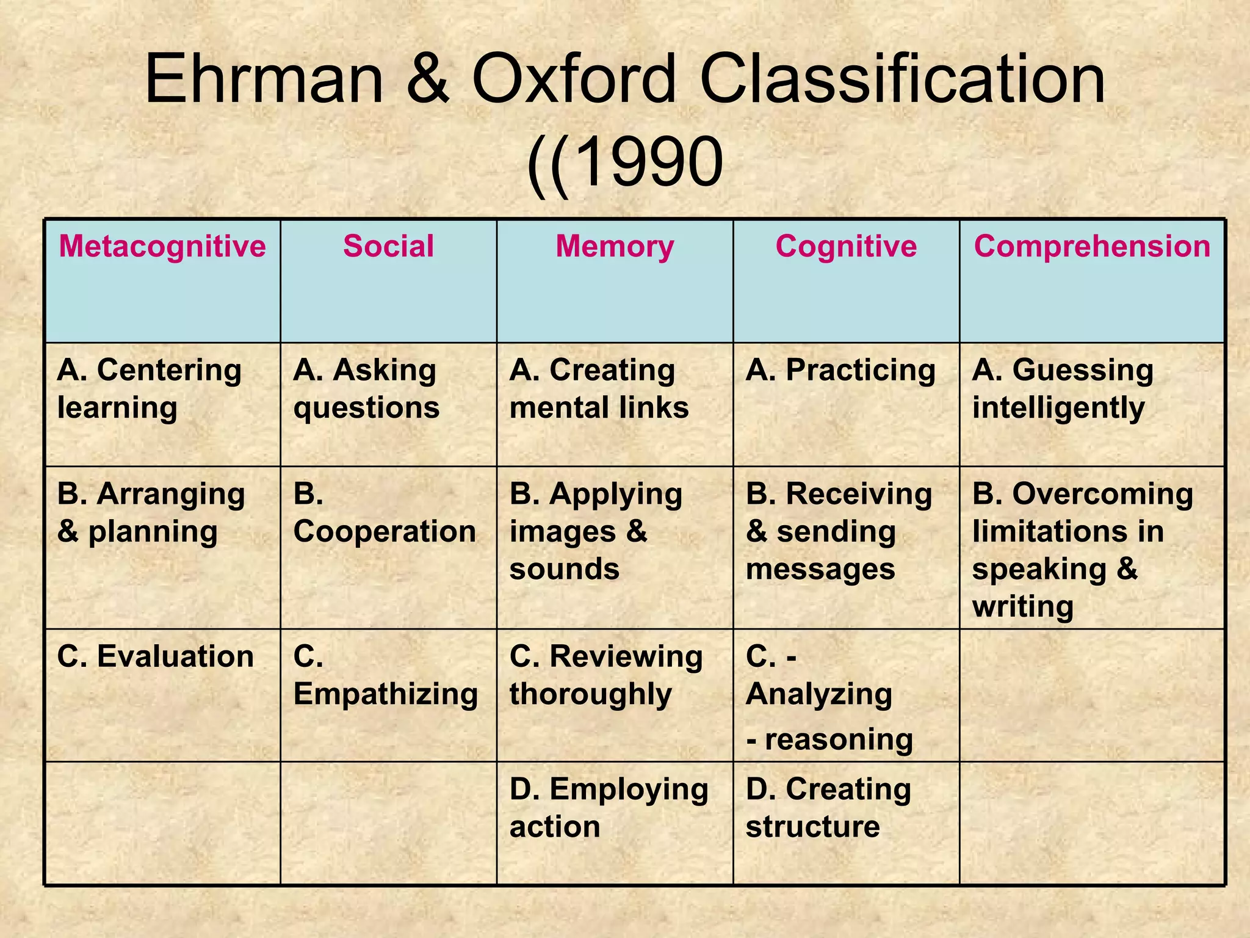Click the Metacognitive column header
point(162,247)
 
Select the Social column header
point(388,247)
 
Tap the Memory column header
point(615,247)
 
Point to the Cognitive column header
point(846,247)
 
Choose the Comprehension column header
point(1092,247)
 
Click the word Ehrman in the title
point(264,79)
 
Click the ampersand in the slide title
point(427,79)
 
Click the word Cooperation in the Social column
point(385,531)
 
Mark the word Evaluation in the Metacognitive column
point(175,657)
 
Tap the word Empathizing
point(386,694)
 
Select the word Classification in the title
point(902,79)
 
